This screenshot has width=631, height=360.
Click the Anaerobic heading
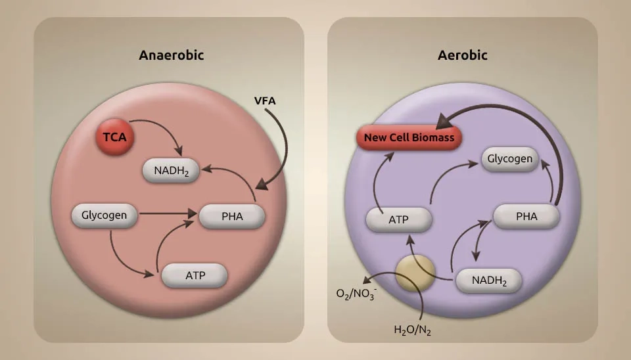171,55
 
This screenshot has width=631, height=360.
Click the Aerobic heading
462,55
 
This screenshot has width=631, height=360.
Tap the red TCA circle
114,137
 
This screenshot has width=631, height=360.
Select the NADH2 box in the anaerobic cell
172,171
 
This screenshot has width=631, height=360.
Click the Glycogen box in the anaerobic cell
104,215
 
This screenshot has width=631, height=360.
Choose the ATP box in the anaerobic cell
195,275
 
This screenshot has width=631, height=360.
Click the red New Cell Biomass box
409,139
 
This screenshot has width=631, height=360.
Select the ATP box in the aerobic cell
399,219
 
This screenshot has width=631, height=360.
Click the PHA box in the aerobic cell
526,215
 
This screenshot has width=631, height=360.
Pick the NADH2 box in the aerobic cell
488,281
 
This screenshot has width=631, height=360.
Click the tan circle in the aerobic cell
415,275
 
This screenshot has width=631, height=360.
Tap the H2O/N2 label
411,330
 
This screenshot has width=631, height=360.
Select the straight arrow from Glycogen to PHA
167,214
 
